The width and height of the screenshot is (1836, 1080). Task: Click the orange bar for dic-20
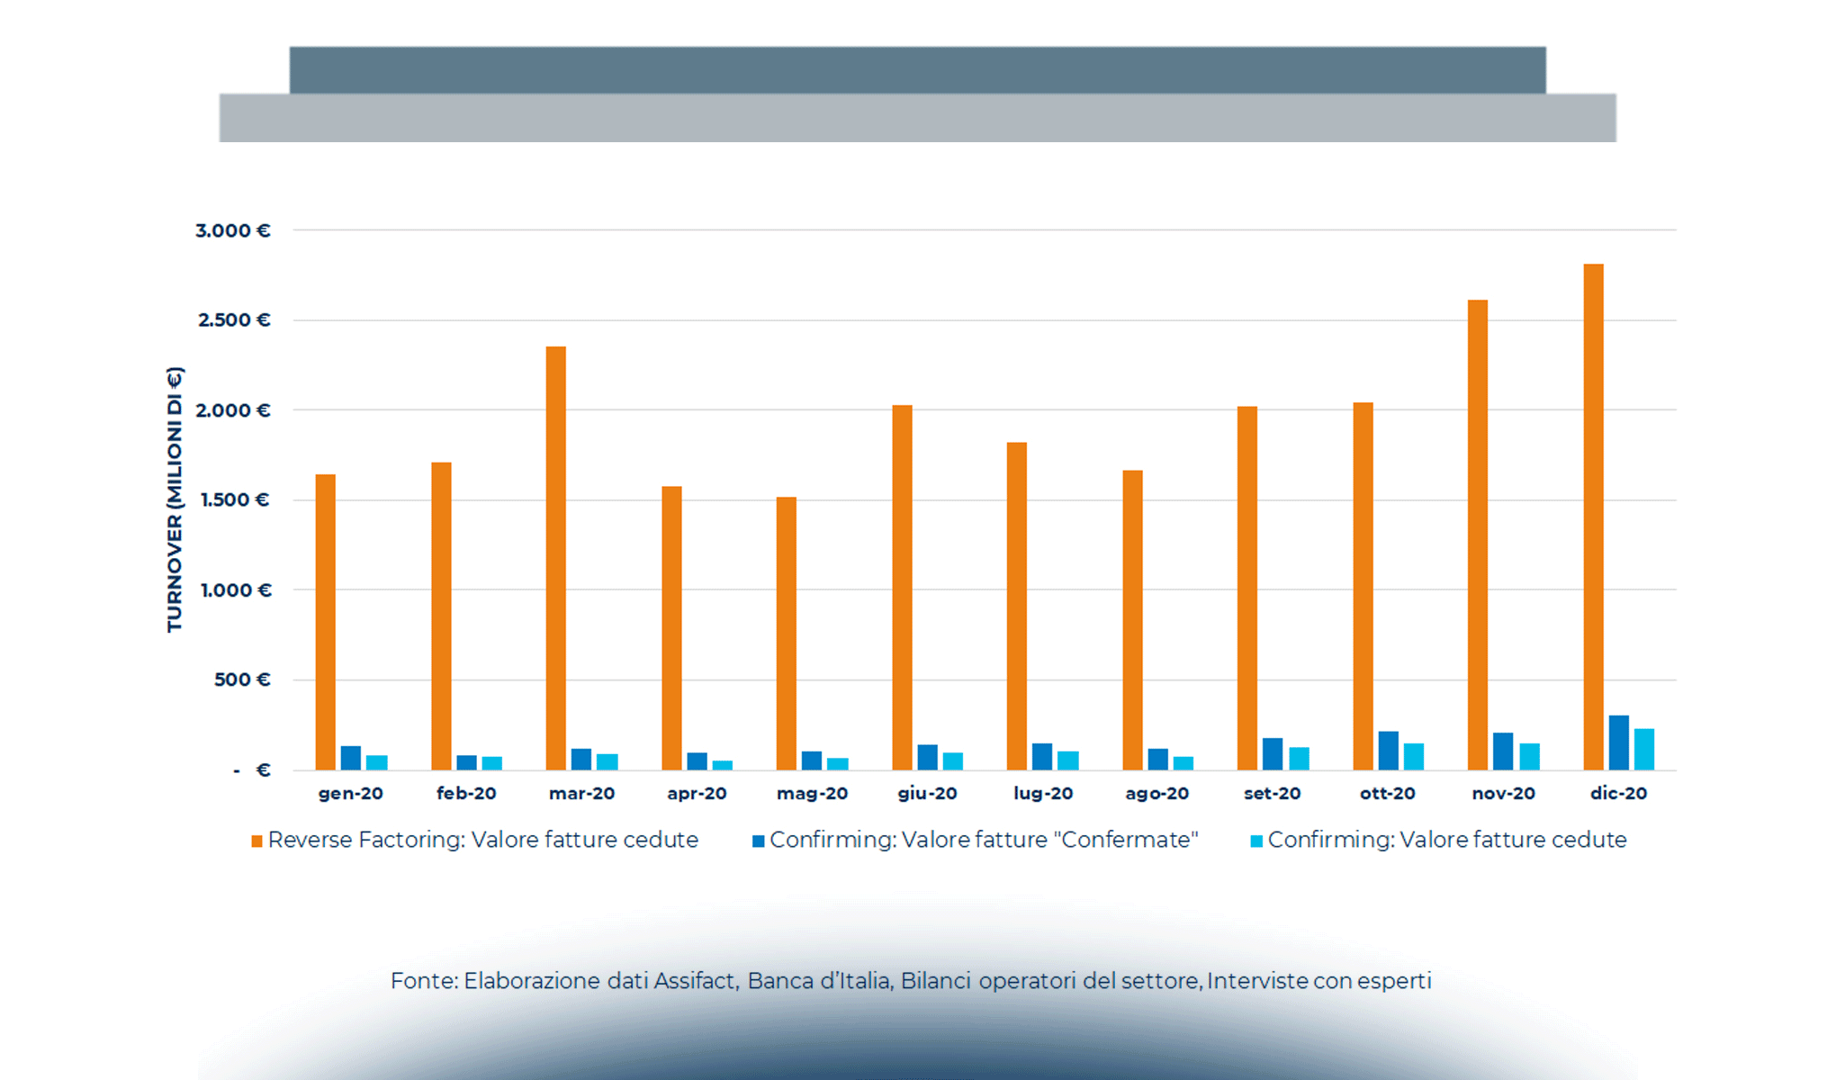(x=1593, y=517)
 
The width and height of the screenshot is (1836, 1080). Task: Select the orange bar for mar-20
(x=556, y=558)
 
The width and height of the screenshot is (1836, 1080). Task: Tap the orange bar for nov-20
(x=1478, y=535)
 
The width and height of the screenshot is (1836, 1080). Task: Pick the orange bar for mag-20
(x=787, y=634)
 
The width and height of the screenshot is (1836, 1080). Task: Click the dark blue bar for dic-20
(x=1618, y=743)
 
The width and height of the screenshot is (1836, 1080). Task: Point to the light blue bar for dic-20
(x=1644, y=750)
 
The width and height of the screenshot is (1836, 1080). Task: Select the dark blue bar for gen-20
(x=351, y=759)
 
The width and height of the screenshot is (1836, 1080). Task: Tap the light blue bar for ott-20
(x=1414, y=757)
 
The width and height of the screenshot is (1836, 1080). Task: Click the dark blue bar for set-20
(x=1273, y=754)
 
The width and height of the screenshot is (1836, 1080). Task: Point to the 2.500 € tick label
(x=234, y=320)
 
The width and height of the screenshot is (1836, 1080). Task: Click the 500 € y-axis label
(x=241, y=679)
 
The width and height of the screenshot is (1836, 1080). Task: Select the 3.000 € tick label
(x=233, y=230)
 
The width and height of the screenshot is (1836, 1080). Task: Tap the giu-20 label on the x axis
(x=927, y=794)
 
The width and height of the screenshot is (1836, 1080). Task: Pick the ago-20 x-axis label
(x=1156, y=794)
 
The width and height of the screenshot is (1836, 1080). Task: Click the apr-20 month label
(x=697, y=794)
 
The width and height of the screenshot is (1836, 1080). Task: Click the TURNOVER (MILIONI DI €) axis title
(x=175, y=499)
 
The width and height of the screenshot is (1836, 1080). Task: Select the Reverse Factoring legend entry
(x=482, y=840)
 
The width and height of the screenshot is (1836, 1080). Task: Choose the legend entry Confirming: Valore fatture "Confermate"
(x=983, y=840)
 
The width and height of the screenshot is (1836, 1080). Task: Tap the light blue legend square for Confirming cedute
(x=1256, y=841)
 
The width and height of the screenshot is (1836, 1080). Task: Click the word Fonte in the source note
(x=424, y=980)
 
